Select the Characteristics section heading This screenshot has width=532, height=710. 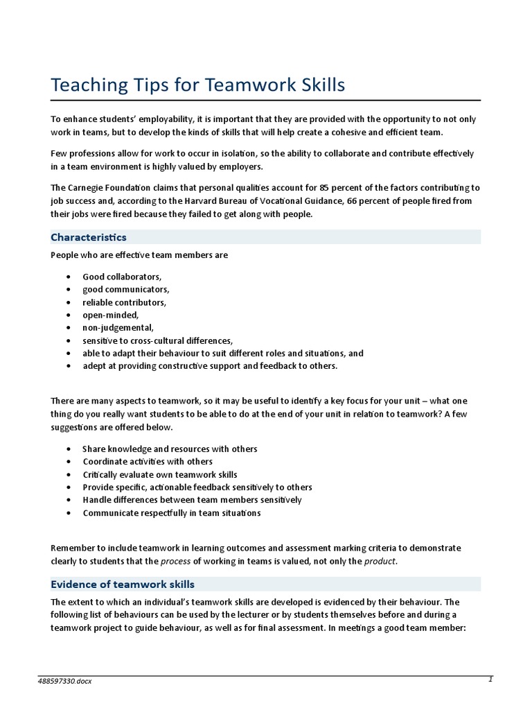[x=89, y=237]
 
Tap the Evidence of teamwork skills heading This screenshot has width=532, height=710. [x=123, y=585]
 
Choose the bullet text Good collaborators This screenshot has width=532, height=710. [x=122, y=277]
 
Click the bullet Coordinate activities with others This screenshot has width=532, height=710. [x=148, y=462]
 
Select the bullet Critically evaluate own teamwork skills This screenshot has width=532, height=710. [x=160, y=475]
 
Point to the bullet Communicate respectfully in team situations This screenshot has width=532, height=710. [x=172, y=513]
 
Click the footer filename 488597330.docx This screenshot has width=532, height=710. [x=64, y=682]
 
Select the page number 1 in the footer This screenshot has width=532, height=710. [x=490, y=679]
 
